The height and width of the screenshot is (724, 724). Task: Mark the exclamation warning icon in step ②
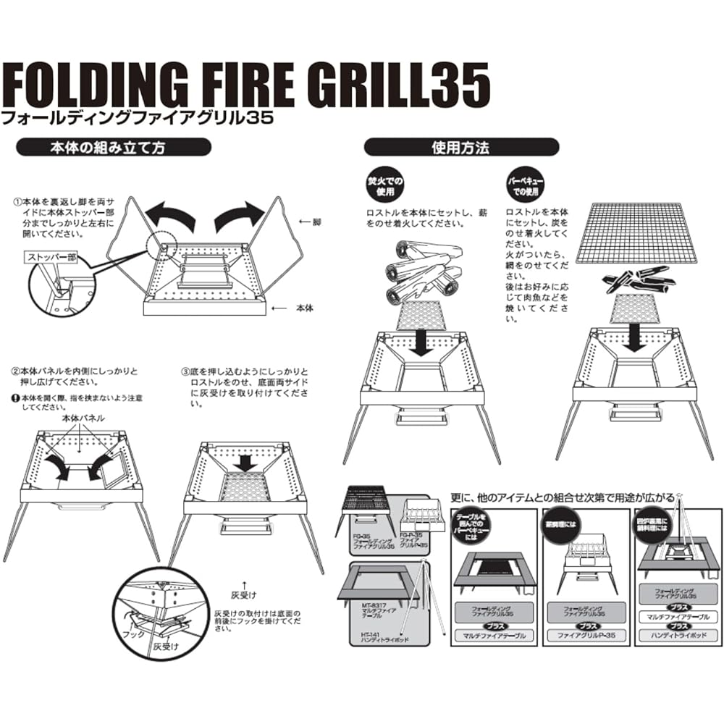[15, 397]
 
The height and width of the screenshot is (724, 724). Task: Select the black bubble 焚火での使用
[386, 186]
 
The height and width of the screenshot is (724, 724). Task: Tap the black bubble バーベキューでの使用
[526, 186]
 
